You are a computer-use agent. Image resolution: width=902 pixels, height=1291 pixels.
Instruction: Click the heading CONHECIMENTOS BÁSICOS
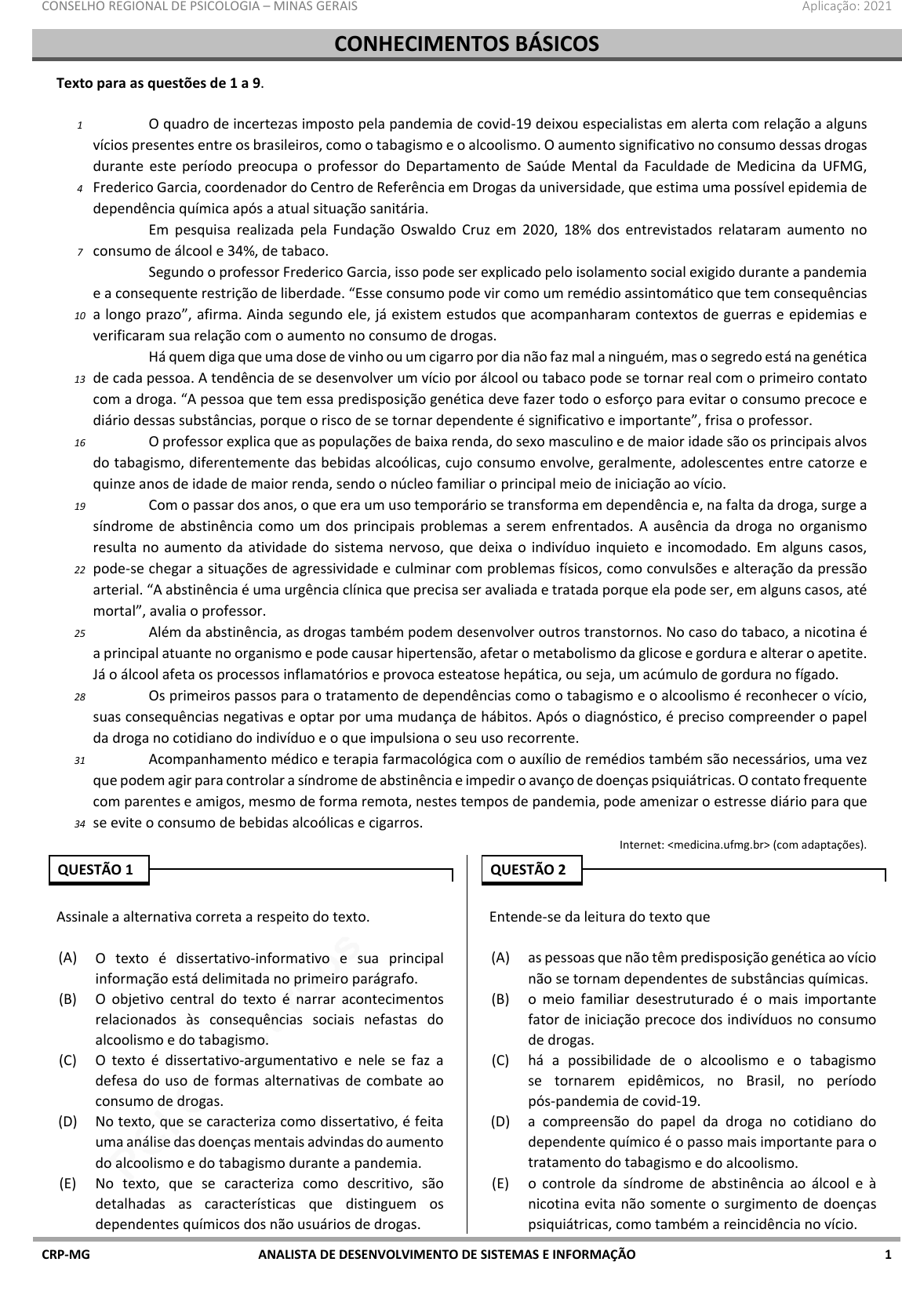(467, 44)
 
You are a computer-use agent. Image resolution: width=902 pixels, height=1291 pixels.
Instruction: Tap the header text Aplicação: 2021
(846, 6)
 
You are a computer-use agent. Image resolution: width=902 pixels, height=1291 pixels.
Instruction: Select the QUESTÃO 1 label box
(99, 870)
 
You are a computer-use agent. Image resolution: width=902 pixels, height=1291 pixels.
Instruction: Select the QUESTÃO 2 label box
(531, 870)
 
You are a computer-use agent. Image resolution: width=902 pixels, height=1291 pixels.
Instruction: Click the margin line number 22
(80, 569)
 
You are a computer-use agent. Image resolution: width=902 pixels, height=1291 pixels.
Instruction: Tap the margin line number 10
(80, 315)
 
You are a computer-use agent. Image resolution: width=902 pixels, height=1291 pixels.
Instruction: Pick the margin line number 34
(80, 824)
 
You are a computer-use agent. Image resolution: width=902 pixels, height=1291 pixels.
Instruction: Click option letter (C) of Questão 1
(67, 1060)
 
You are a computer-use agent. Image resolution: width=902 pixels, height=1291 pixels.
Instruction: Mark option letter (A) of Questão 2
(500, 958)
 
